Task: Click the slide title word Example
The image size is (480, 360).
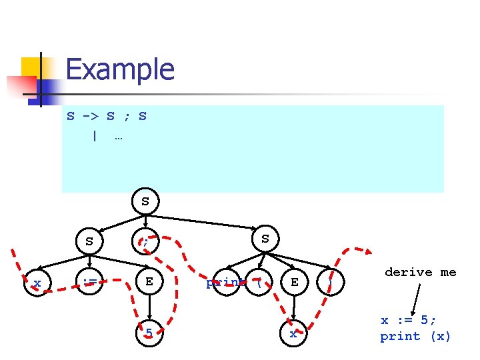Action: [120, 69]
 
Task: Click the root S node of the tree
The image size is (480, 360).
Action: [145, 201]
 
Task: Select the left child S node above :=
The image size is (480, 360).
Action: [89, 241]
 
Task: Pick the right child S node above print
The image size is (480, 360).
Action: [265, 238]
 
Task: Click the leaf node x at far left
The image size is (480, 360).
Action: [37, 283]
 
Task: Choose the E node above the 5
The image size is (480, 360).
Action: [149, 282]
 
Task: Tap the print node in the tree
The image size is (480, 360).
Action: [224, 283]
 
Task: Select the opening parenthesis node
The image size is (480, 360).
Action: [257, 283]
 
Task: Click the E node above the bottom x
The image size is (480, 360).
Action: [294, 283]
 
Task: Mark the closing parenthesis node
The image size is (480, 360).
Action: [329, 283]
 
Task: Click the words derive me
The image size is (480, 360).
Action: [421, 272]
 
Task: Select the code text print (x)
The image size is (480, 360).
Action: [415, 337]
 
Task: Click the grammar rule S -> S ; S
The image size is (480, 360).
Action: [107, 117]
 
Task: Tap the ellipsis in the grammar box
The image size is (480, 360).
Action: [118, 137]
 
